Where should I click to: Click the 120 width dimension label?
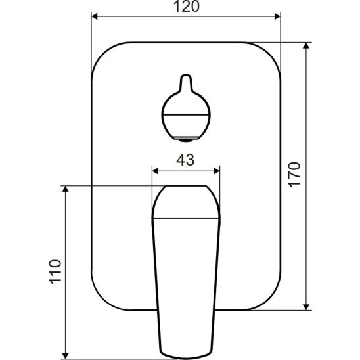(x=186, y=7)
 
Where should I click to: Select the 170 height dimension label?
(x=294, y=175)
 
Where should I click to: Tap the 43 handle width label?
(x=185, y=160)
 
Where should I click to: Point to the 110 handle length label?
(x=55, y=271)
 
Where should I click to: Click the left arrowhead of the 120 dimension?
(x=95, y=16)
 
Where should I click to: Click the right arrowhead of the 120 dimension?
(x=277, y=16)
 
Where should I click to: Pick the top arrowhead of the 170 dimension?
(x=306, y=46)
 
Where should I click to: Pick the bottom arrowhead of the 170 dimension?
(x=306, y=307)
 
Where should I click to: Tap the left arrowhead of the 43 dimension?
(x=156, y=171)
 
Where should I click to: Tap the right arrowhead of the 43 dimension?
(x=217, y=171)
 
